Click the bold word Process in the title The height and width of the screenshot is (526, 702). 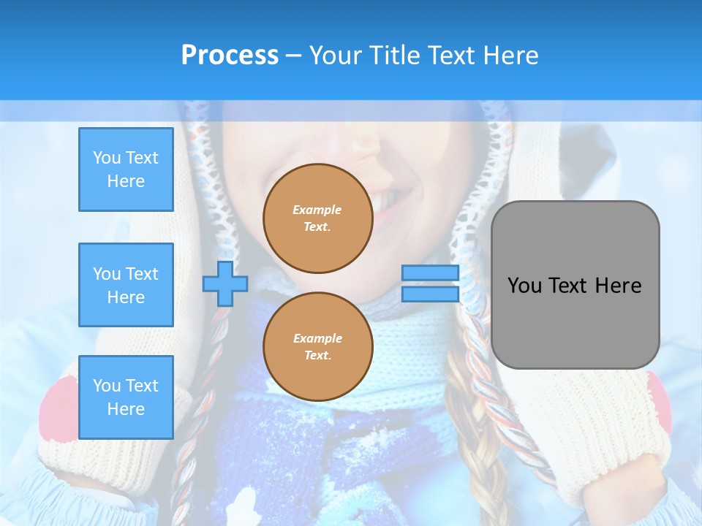coord(230,56)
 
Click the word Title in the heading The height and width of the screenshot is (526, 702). coord(393,56)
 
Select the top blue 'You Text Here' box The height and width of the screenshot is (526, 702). coord(126,169)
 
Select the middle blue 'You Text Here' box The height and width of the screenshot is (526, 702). coord(126,285)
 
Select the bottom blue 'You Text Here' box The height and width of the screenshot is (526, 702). coord(126,397)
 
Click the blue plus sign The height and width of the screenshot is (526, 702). coord(225,284)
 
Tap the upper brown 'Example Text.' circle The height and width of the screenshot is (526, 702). coord(318,218)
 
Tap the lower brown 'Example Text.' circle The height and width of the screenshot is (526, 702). coord(318,347)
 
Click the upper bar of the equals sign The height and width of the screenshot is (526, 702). coord(430,272)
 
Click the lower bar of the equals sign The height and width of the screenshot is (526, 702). coord(430,294)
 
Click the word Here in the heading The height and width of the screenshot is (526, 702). coord(507,56)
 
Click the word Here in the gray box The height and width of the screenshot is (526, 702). coord(619,286)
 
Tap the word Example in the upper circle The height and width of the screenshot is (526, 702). coord(317,210)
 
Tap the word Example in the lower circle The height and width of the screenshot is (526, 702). coord(317,338)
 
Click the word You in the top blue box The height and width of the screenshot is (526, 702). coord(107,158)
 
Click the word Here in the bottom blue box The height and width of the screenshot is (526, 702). coord(126,409)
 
